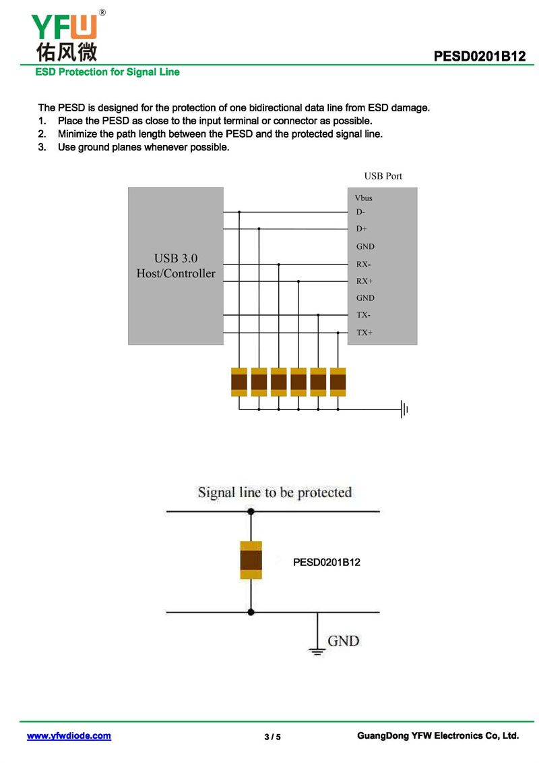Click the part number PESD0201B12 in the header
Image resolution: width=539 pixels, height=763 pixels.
click(479, 57)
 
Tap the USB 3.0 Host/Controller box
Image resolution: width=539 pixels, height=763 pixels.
click(176, 266)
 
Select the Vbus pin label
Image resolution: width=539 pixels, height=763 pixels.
click(363, 198)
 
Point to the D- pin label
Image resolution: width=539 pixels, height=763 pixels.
click(361, 213)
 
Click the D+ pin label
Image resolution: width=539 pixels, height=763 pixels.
click(362, 229)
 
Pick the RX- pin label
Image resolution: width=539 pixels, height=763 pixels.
click(363, 264)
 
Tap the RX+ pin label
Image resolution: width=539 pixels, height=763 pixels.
click(364, 281)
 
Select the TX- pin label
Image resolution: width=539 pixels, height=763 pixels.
click(363, 315)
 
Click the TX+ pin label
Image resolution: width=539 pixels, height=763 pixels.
click(364, 333)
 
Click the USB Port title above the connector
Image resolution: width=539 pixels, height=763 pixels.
click(383, 176)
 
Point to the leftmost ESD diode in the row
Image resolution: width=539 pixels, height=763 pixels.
click(239, 383)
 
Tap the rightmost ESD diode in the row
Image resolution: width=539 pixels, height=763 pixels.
click(338, 383)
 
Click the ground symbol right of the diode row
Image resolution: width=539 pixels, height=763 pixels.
click(404, 409)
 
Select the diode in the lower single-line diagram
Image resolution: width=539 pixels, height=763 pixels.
click(251, 561)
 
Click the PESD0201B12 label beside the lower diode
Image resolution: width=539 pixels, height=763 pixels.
click(327, 562)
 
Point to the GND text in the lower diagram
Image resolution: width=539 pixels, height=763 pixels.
click(343, 641)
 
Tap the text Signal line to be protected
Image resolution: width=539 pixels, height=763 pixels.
click(275, 492)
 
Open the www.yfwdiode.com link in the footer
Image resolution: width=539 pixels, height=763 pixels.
click(69, 736)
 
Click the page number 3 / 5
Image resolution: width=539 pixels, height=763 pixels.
click(272, 737)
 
